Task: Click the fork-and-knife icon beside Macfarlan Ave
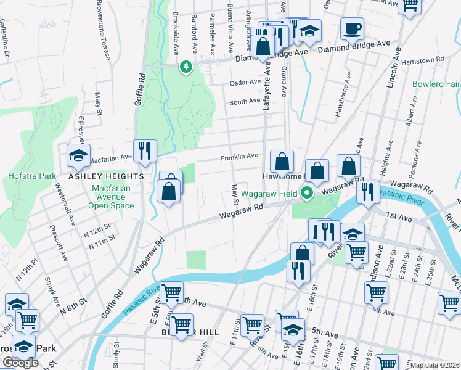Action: tap(145, 151)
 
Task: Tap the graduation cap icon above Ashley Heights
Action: tap(78, 156)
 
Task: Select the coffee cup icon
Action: tap(352, 28)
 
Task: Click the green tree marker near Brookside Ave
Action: tap(186, 66)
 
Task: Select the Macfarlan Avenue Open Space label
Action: tap(111, 197)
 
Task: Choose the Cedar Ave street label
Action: tap(245, 82)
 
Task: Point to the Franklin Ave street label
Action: tap(240, 157)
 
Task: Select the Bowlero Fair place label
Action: tap(436, 83)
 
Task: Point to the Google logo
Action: tap(20, 363)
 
